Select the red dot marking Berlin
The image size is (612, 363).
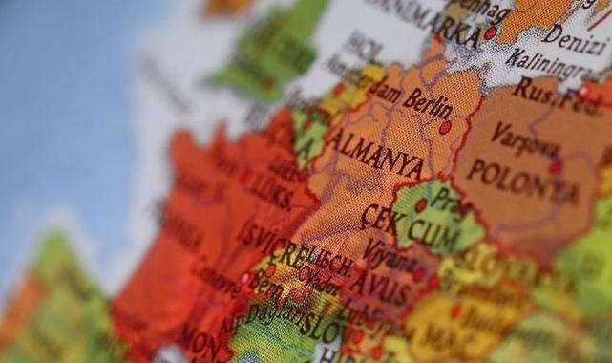(x=445, y=126)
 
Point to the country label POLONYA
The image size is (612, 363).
(x=522, y=180)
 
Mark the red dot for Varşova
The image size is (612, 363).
(x=556, y=167)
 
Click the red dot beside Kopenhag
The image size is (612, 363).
(x=491, y=32)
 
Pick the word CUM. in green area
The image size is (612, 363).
(x=435, y=230)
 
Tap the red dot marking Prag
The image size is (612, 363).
(x=421, y=204)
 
